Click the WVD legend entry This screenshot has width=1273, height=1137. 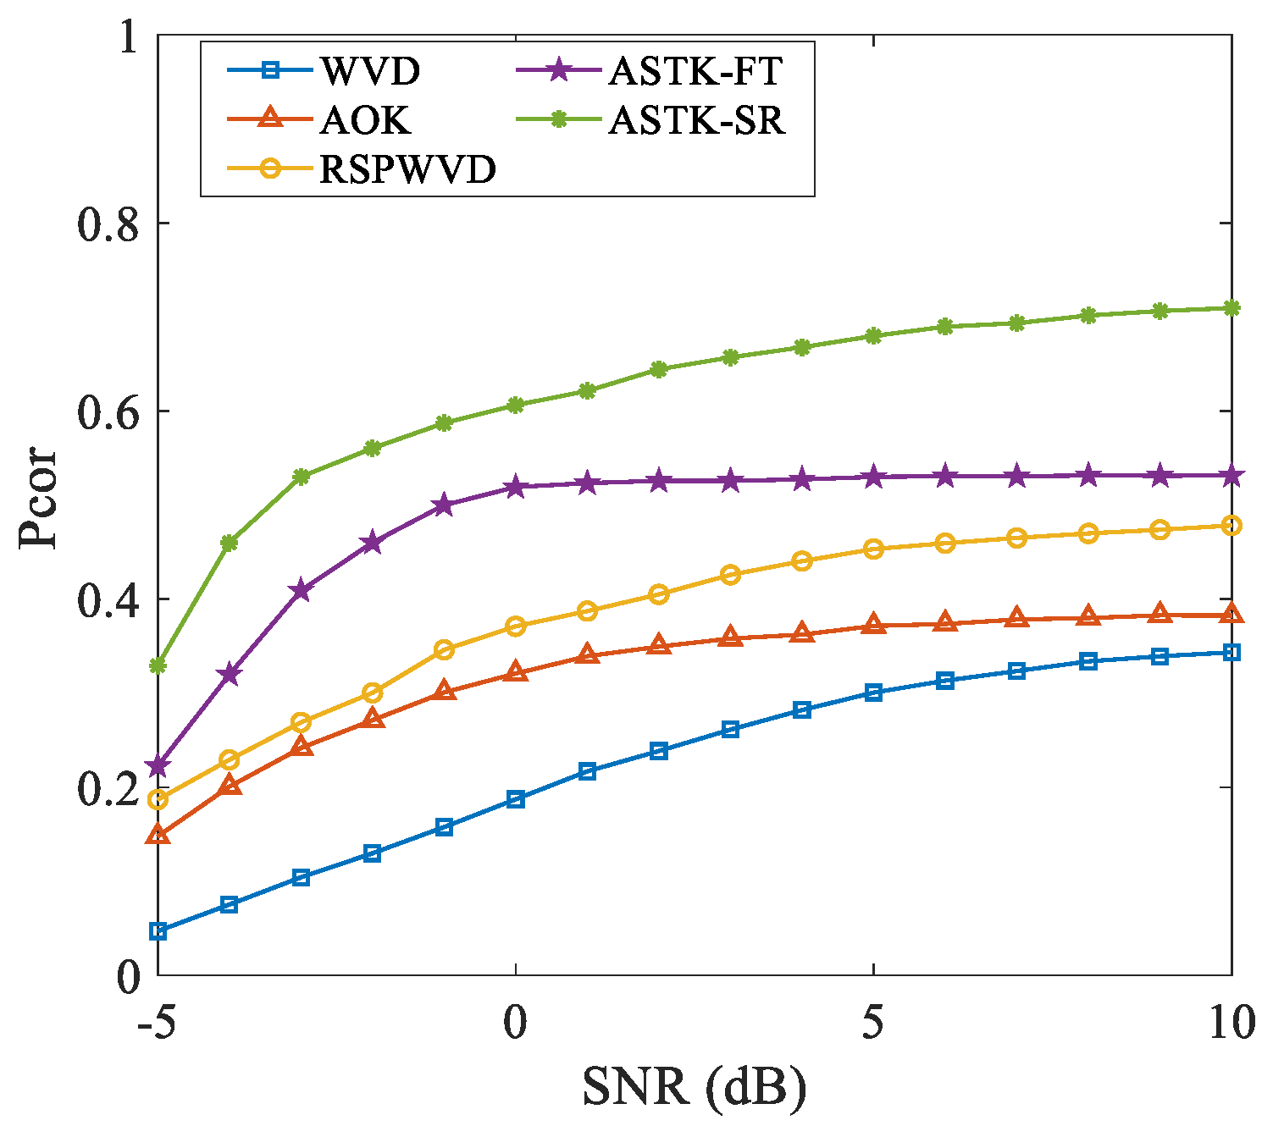click(369, 72)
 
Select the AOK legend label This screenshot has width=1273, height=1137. click(365, 121)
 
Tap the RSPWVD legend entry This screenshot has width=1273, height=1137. click(407, 170)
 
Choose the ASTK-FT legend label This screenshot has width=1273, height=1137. click(695, 72)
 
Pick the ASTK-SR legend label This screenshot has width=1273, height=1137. click(697, 121)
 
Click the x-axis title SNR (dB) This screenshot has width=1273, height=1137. click(694, 1087)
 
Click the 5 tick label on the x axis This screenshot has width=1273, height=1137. click(873, 1023)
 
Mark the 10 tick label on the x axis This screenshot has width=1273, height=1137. click(1230, 1023)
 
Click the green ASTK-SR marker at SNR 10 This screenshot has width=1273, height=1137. click(1231, 308)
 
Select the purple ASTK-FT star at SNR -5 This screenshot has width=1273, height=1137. click(158, 766)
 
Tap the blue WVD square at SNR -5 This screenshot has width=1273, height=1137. click(158, 931)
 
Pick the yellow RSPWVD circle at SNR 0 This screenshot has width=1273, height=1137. click(516, 626)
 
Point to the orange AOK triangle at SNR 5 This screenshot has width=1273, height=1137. click(873, 625)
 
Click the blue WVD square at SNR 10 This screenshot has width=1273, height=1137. click(1231, 652)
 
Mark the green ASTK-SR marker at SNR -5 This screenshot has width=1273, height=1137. click(158, 666)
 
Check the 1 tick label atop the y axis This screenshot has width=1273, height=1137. click(127, 37)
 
